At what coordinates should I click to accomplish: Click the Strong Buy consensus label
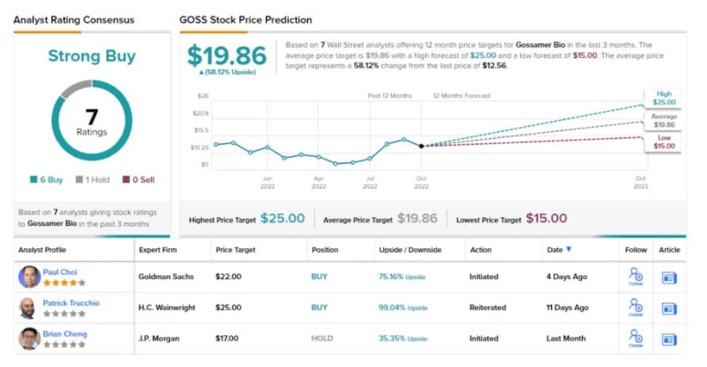coord(91,56)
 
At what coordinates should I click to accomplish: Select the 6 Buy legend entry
coord(47,180)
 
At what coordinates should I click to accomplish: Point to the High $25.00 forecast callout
coord(663,98)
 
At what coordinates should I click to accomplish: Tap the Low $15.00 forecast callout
coord(663,143)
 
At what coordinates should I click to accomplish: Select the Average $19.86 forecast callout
coord(663,120)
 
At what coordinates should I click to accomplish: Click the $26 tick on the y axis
coord(202,96)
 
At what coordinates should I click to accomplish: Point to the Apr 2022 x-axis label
coord(318,182)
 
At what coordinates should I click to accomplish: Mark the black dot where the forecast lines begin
coord(421,146)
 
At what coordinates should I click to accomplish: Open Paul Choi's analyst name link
coord(60,272)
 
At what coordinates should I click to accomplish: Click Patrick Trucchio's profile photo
coord(29,308)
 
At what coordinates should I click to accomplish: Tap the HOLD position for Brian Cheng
coord(321,338)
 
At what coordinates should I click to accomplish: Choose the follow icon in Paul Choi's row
coord(634,277)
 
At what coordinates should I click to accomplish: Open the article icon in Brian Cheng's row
coord(669,338)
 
